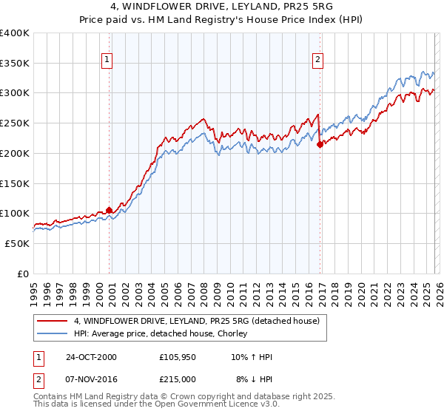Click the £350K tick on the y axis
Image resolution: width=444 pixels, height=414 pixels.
click(15, 64)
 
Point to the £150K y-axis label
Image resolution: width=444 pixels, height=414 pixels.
click(15, 183)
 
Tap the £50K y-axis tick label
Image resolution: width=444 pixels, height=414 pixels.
click(17, 243)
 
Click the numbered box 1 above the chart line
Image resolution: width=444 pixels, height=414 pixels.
click(107, 60)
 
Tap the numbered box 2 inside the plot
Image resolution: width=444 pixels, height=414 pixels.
click(317, 60)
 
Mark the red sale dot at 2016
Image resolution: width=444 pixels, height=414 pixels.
click(320, 145)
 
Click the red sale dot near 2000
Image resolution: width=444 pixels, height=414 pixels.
click(110, 210)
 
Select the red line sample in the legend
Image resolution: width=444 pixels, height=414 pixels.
click(52, 322)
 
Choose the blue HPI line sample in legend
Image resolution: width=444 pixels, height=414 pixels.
click(52, 334)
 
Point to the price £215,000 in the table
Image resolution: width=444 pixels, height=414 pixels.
click(178, 379)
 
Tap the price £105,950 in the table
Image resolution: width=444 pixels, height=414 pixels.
click(178, 357)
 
